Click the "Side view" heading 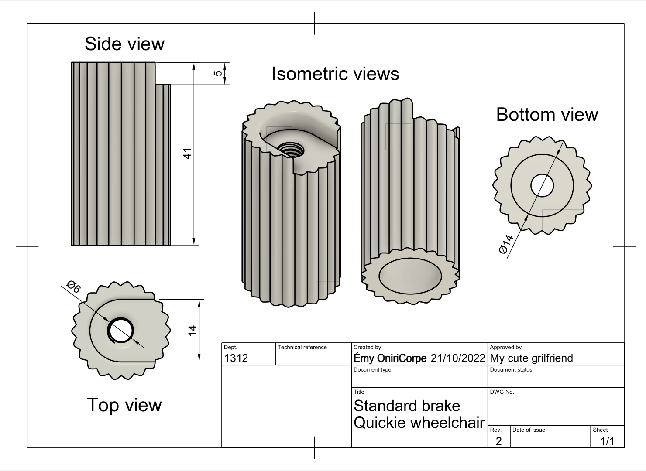pos(124,44)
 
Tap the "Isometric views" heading pos(335,74)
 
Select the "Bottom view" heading pos(547,115)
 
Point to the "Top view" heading pos(124,405)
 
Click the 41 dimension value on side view pos(187,154)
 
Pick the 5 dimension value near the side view pos(217,73)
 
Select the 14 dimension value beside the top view pos(192,331)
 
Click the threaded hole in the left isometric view pos(291,151)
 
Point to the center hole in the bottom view pos(542,185)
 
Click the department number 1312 pos(236,358)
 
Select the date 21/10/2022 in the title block pos(457,358)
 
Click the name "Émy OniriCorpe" pos(390,358)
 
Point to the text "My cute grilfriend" pos(531,358)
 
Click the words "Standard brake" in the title pos(407,406)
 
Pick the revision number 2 pos(498,441)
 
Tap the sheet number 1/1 pos(607,441)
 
